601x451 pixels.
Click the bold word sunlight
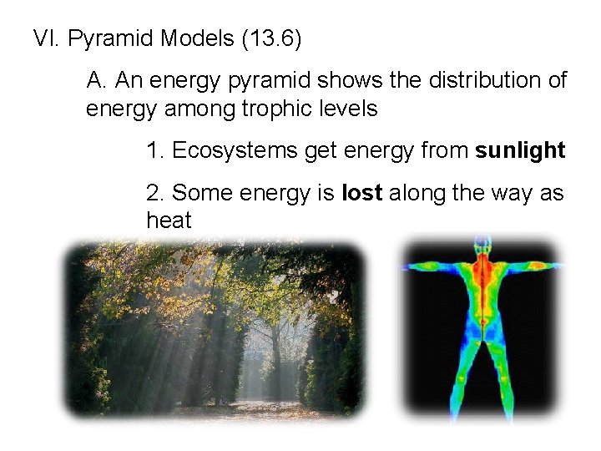[x=520, y=150]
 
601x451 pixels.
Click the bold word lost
[x=362, y=193]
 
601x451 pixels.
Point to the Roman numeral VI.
[x=46, y=38]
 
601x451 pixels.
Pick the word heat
[x=169, y=220]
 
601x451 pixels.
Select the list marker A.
[x=96, y=80]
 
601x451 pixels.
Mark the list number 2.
[x=154, y=193]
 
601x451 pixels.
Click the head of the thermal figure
[x=482, y=246]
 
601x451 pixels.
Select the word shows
[x=343, y=80]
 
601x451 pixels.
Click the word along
[x=418, y=193]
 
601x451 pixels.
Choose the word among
[x=174, y=109]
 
